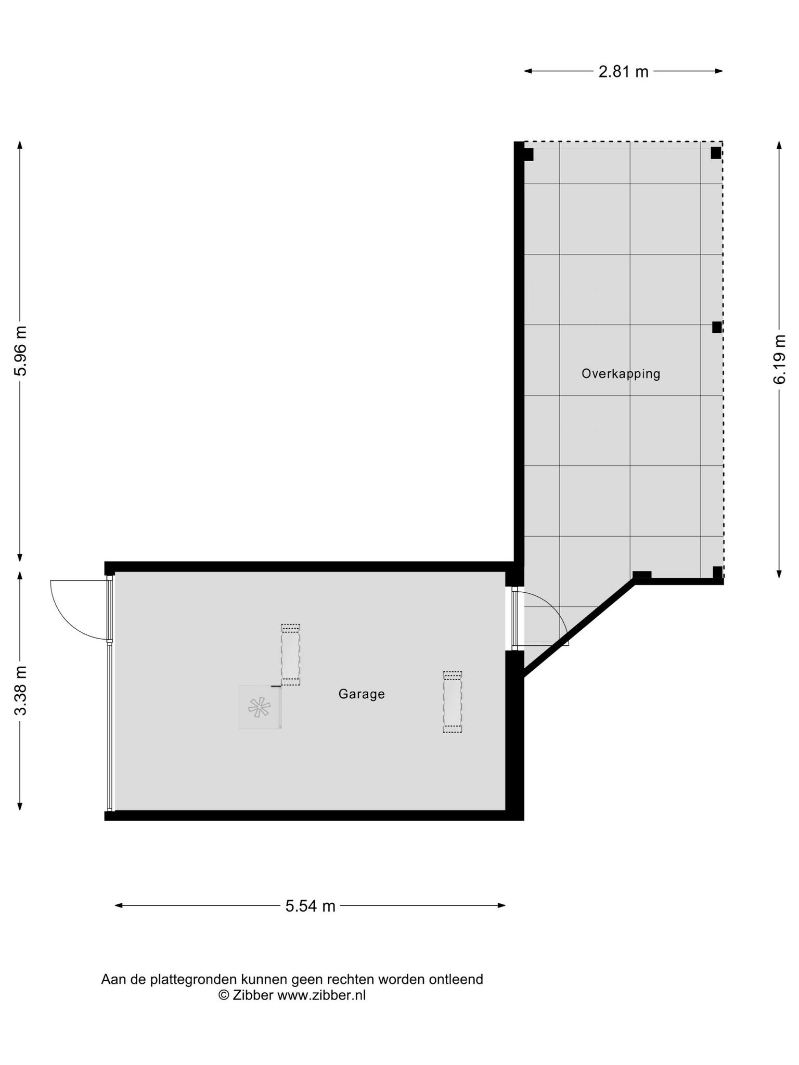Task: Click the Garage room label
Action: click(x=362, y=694)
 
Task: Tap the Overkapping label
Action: click(x=621, y=374)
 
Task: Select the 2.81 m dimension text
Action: click(x=624, y=71)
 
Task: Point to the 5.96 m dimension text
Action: click(x=20, y=351)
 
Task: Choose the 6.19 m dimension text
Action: click(x=779, y=359)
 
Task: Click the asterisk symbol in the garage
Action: click(x=259, y=707)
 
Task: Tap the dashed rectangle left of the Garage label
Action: click(x=291, y=655)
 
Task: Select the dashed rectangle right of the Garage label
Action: click(x=453, y=702)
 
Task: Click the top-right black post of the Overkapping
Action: click(x=716, y=153)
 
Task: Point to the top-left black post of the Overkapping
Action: click(x=529, y=154)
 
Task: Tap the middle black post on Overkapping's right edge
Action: click(x=717, y=327)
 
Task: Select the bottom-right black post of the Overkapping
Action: click(x=718, y=572)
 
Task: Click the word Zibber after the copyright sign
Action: click(x=253, y=995)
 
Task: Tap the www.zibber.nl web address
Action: click(x=321, y=995)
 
